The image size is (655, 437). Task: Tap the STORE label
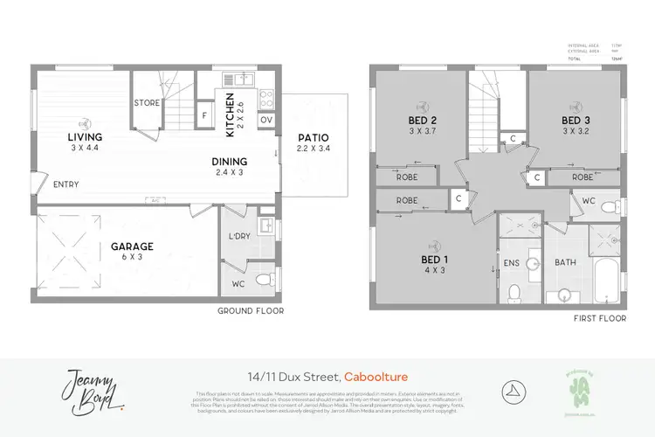147,103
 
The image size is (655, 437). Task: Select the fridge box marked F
204,114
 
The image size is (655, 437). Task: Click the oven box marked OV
266,119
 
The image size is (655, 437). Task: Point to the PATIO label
314,137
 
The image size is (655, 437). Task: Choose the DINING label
229,162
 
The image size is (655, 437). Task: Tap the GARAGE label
132,246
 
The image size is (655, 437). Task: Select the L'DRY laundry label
236,238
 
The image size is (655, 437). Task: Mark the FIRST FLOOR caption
600,319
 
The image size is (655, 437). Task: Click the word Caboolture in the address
377,378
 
